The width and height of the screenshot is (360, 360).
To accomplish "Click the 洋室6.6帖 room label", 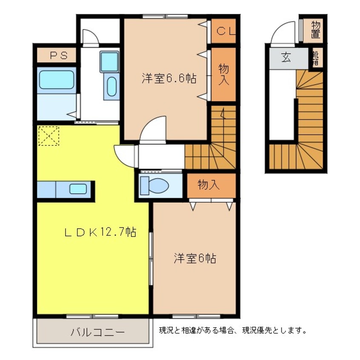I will [x=169, y=78].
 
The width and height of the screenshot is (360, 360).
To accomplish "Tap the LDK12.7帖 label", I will [x=100, y=232].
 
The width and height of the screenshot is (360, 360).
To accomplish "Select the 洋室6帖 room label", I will [x=194, y=258].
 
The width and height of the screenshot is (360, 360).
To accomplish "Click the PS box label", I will [x=56, y=56].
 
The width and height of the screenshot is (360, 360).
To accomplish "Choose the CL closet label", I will [x=224, y=31].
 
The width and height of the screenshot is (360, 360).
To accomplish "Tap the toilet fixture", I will [x=155, y=185].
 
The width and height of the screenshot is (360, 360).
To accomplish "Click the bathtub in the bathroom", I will [x=57, y=80].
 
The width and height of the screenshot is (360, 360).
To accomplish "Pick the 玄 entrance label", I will [x=286, y=58].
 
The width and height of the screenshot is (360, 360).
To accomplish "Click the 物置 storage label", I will [x=315, y=29].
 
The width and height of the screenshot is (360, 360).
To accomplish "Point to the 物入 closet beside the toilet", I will [x=209, y=185].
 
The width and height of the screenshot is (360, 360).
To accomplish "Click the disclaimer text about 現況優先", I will [x=233, y=330].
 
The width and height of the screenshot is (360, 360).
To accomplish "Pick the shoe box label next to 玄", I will [x=315, y=58].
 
